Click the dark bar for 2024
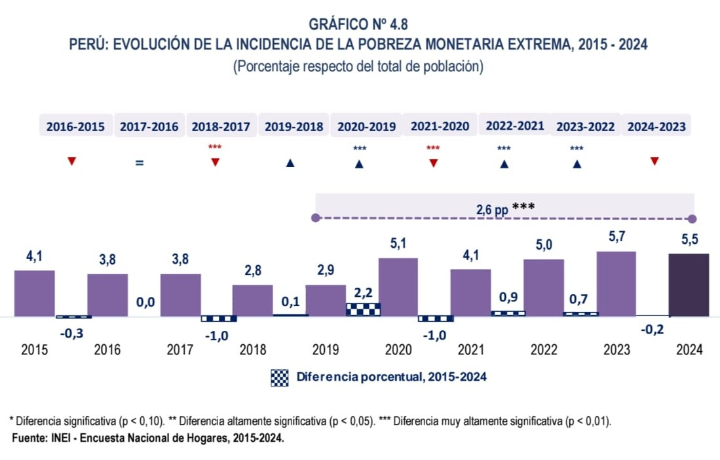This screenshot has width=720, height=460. (x=689, y=285)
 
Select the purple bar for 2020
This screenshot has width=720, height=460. (x=398, y=287)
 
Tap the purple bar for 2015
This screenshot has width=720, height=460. (x=35, y=293)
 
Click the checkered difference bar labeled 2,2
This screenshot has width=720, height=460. (x=364, y=309)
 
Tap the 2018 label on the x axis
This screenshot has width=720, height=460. (x=253, y=350)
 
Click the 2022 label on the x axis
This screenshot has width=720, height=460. (x=543, y=350)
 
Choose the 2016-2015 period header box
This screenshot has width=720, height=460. (x=75, y=127)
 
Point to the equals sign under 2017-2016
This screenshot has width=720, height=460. (x=140, y=163)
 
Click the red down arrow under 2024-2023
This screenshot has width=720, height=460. (x=654, y=161)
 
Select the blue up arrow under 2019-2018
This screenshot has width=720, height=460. (x=290, y=163)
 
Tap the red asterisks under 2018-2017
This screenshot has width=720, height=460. (x=215, y=147)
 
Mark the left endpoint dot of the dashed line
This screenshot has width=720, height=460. (x=316, y=218)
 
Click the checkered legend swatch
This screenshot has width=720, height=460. (x=280, y=377)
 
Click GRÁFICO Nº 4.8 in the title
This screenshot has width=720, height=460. (x=359, y=24)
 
